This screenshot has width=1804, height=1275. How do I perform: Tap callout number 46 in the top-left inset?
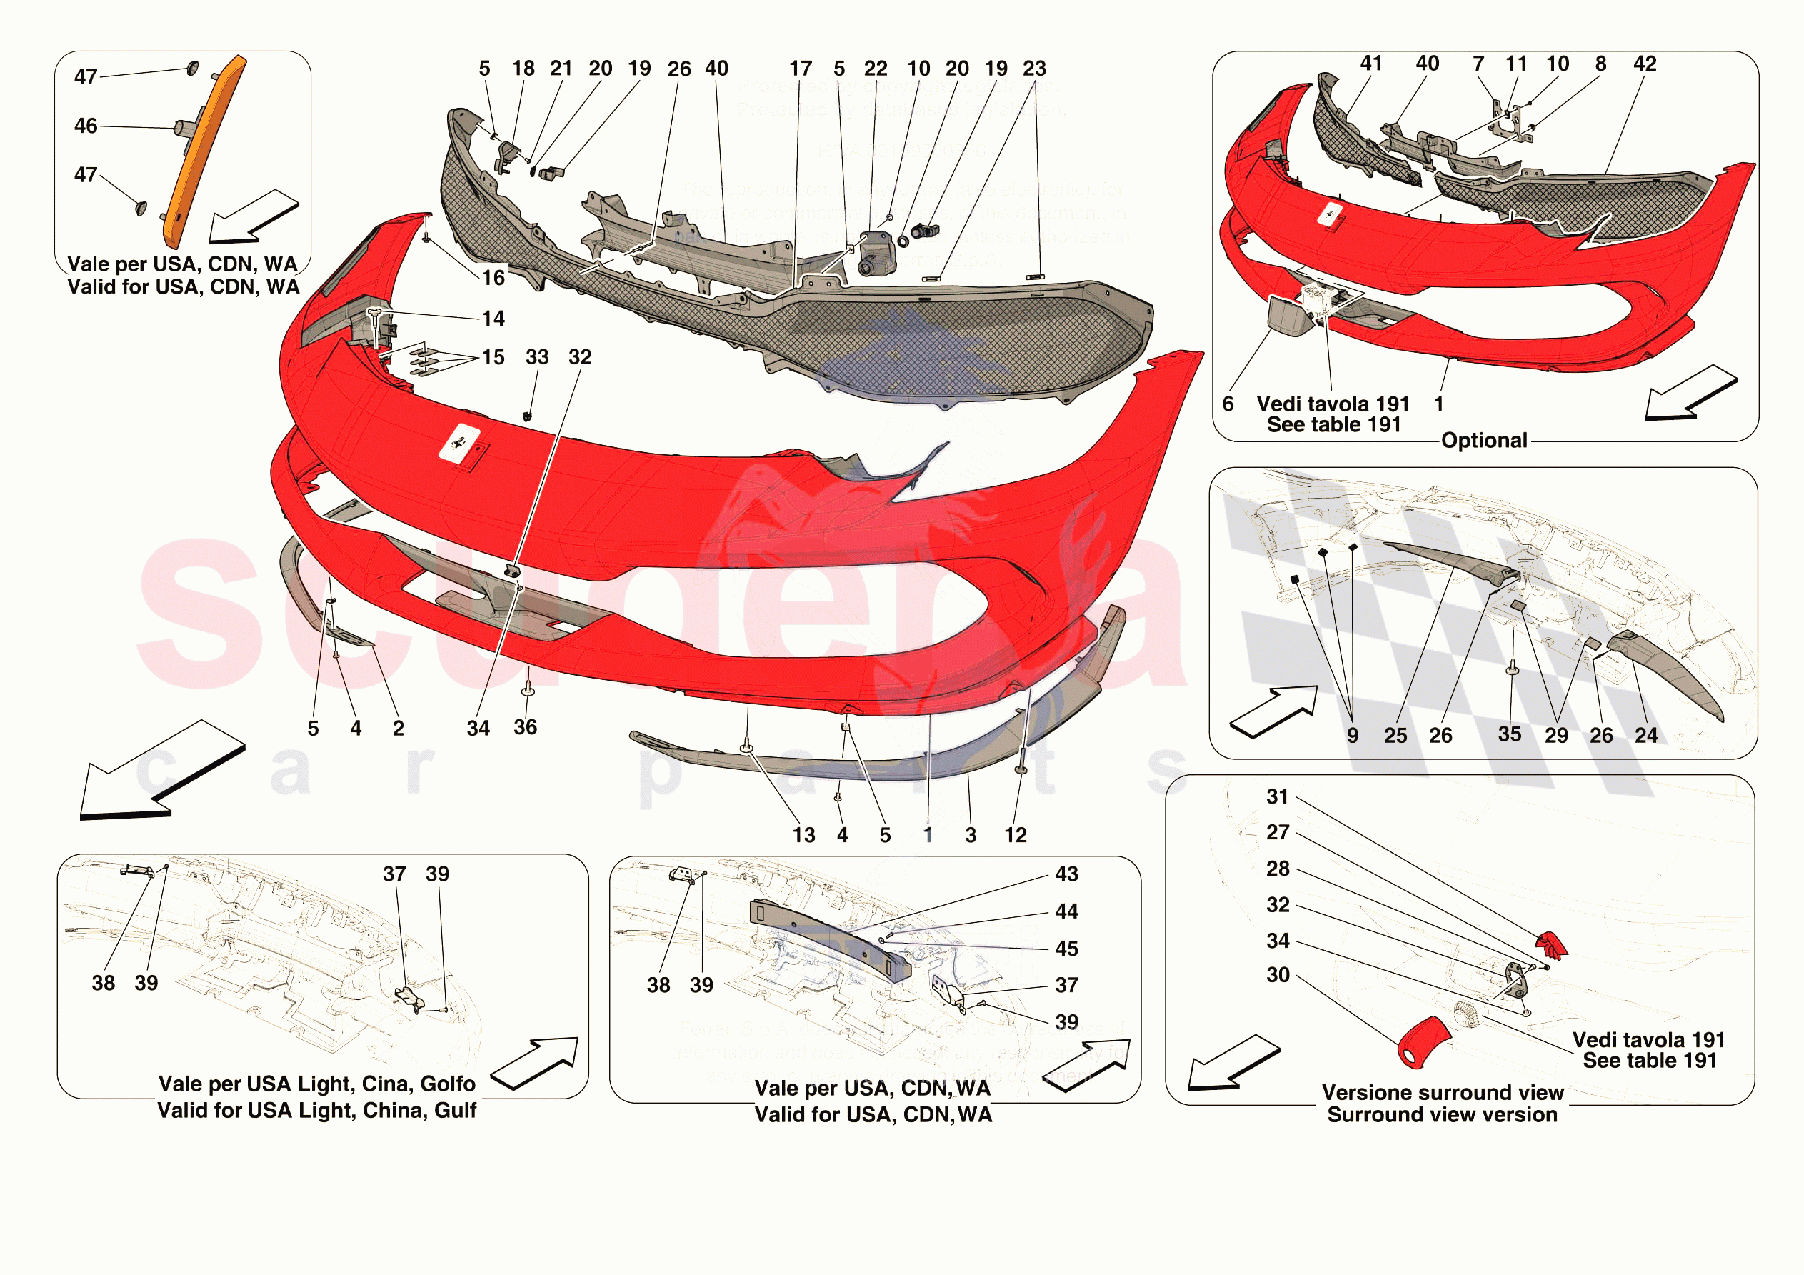86,126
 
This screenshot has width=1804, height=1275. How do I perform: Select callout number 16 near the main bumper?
493,277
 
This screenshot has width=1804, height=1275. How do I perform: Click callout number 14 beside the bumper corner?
493,319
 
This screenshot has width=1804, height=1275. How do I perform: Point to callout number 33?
538,357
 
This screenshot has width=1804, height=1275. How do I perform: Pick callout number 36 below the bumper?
526,727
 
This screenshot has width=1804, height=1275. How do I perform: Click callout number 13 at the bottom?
803,835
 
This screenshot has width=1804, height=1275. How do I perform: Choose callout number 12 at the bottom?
1015,835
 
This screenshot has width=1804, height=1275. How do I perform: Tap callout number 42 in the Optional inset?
1645,64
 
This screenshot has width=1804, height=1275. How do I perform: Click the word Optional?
1484,440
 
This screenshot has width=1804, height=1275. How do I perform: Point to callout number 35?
1509,734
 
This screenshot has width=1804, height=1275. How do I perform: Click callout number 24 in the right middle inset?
1646,735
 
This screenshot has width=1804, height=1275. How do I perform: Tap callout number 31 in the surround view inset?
1278,796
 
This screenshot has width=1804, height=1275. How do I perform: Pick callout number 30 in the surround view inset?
1278,975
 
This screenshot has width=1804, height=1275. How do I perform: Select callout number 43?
1066,874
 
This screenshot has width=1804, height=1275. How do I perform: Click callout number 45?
1066,949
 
